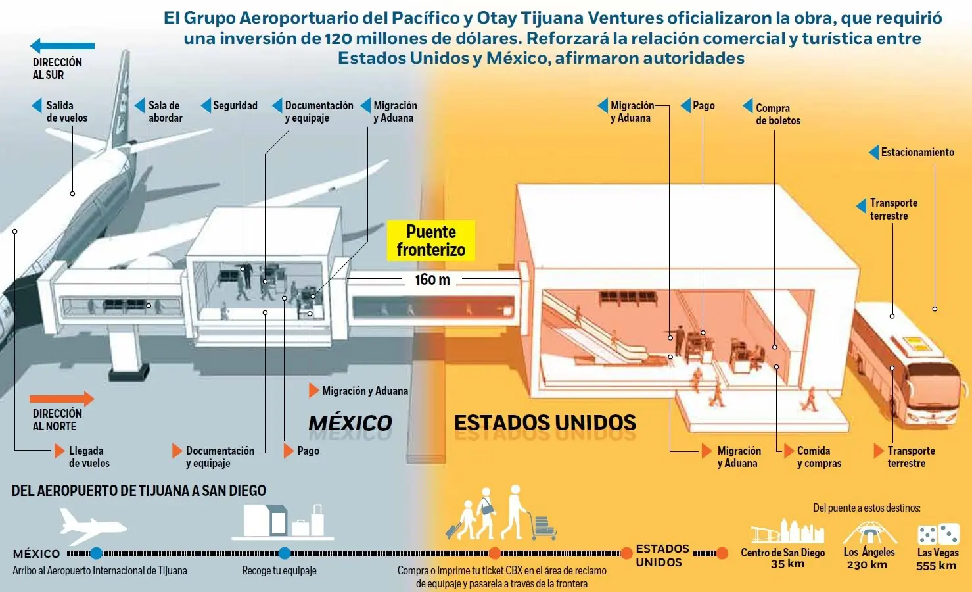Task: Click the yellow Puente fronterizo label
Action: pos(430,241)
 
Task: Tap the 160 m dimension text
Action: pos(432,280)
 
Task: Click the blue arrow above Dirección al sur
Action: pos(62,45)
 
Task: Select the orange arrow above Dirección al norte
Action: pos(62,399)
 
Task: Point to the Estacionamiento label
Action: pos(917,152)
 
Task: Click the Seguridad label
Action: pos(235,105)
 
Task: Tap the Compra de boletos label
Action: pos(778,114)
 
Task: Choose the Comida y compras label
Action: pos(819,457)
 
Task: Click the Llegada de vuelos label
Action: pos(89,457)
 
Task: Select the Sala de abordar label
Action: pos(166,112)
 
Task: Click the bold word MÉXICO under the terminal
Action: pos(350,423)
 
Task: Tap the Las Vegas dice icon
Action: pos(938,534)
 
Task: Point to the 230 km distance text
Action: pos(867,565)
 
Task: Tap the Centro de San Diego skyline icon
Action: pos(787,531)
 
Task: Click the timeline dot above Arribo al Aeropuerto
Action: pos(96,553)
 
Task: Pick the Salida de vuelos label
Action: pos(67,112)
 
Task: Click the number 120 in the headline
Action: pos(338,38)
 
